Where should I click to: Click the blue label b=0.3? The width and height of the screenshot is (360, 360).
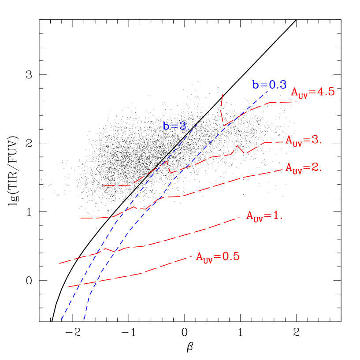[x=269, y=85]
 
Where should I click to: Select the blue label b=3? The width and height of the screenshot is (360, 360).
[x=175, y=126]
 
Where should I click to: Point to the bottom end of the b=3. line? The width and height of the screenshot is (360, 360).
[x=61, y=319]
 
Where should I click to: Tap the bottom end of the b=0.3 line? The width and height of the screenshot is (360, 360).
[x=84, y=319]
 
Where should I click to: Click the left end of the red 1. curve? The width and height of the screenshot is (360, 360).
[x=59, y=264]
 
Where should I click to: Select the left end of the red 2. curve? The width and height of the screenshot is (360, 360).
[x=81, y=218]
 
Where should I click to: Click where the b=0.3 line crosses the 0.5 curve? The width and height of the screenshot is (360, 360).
[x=96, y=281]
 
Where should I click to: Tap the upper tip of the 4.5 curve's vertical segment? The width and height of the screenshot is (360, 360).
[x=223, y=94]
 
